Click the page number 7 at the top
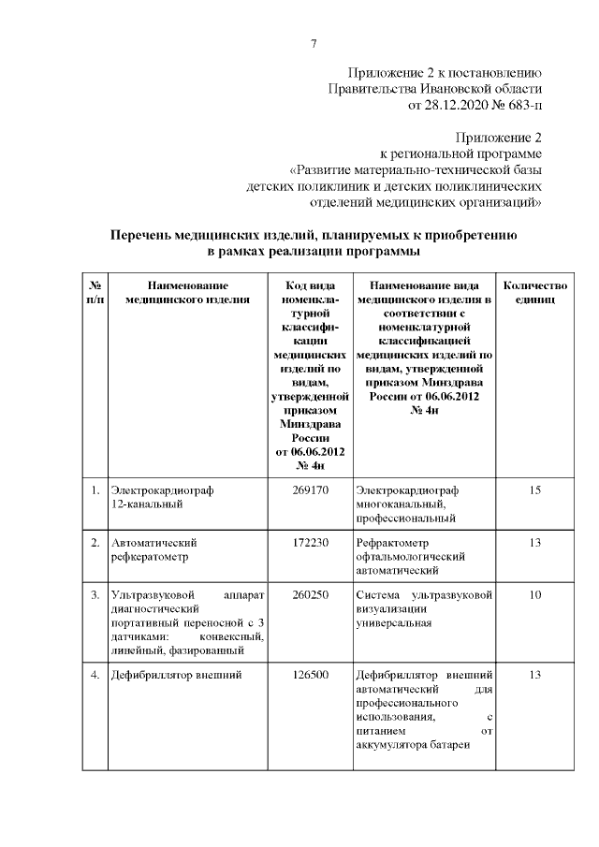pos(314,43)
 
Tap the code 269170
pos(310,489)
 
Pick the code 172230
pos(310,542)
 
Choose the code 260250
pos(310,594)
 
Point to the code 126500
pos(310,674)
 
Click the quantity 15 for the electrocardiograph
pos(534,489)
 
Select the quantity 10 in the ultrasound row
pos(534,594)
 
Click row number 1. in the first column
pos(95,489)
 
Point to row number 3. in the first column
pos(95,594)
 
